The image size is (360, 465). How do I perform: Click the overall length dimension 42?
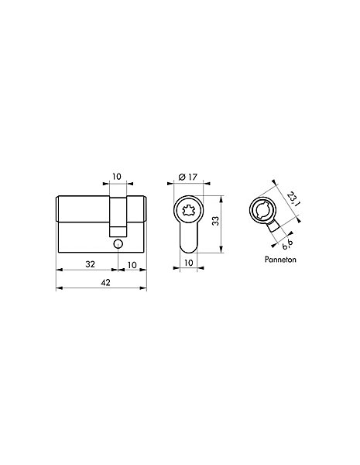(105, 283)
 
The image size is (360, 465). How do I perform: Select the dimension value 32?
(90, 264)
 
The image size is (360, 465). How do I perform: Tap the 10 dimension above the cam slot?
(117, 177)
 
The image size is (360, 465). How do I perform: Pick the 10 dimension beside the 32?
(132, 265)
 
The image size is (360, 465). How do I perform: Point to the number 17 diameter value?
(192, 177)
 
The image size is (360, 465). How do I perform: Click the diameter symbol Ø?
(182, 177)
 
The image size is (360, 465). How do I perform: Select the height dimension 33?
(216, 221)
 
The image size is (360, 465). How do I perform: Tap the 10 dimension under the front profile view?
(188, 263)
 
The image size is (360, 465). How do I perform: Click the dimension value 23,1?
(293, 199)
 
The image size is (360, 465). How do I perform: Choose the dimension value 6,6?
(287, 244)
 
